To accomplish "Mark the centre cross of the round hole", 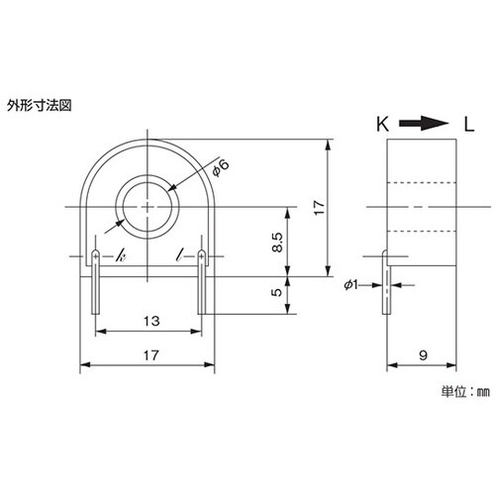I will [x=148, y=206].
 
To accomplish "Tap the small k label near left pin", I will [x=120, y=257].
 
